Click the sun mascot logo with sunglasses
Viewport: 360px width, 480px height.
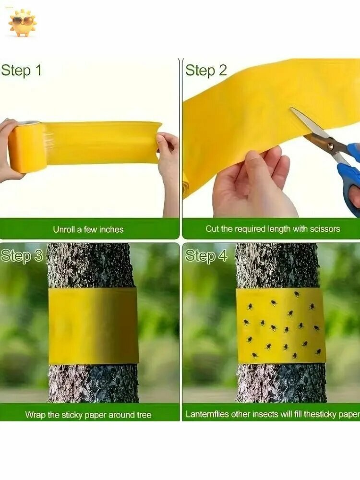click(23, 23)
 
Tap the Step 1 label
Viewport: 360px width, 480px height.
click(21, 71)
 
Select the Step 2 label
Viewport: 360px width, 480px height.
click(206, 71)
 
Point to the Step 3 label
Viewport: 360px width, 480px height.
click(22, 256)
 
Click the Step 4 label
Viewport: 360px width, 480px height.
click(206, 256)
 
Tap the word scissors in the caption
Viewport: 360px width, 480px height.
click(325, 228)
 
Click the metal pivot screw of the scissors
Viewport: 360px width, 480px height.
click(330, 148)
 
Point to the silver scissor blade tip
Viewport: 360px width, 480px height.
click(291, 108)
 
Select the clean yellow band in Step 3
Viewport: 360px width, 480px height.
click(93, 326)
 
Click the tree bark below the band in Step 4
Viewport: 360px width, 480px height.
click(281, 383)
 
